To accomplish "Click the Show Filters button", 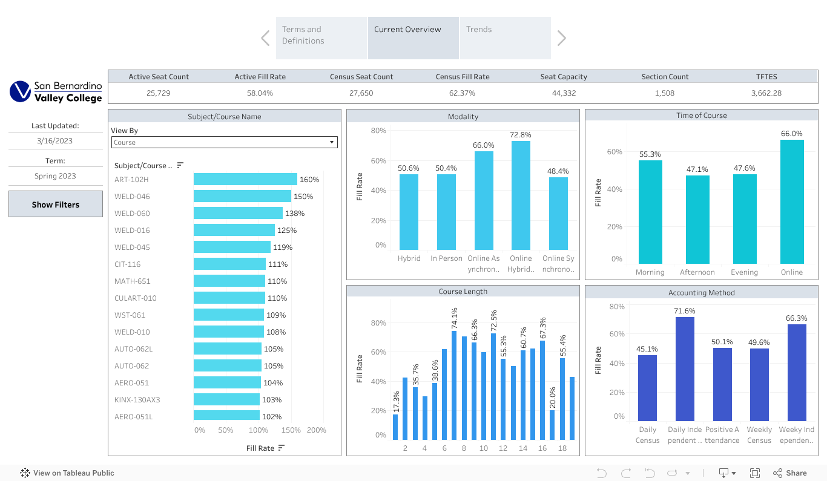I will click(56, 205).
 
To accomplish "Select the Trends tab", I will click(505, 38).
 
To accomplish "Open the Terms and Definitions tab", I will click(321, 38).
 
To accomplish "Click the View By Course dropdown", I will click(224, 142).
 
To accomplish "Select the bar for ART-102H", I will click(245, 179).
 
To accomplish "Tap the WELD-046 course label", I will click(132, 197).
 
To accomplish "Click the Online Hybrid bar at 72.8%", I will click(521, 195).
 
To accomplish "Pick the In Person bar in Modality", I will click(446, 212).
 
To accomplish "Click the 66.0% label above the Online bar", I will click(791, 134).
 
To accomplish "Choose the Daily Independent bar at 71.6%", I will click(685, 368).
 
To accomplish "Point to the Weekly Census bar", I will click(759, 384).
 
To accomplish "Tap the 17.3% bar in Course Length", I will click(395, 427).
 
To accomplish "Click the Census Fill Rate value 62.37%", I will click(463, 93).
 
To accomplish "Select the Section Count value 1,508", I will click(664, 93).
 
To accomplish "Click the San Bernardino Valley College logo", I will click(56, 92).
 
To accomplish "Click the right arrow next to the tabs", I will click(561, 38).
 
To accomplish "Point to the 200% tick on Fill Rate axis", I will click(316, 430).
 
